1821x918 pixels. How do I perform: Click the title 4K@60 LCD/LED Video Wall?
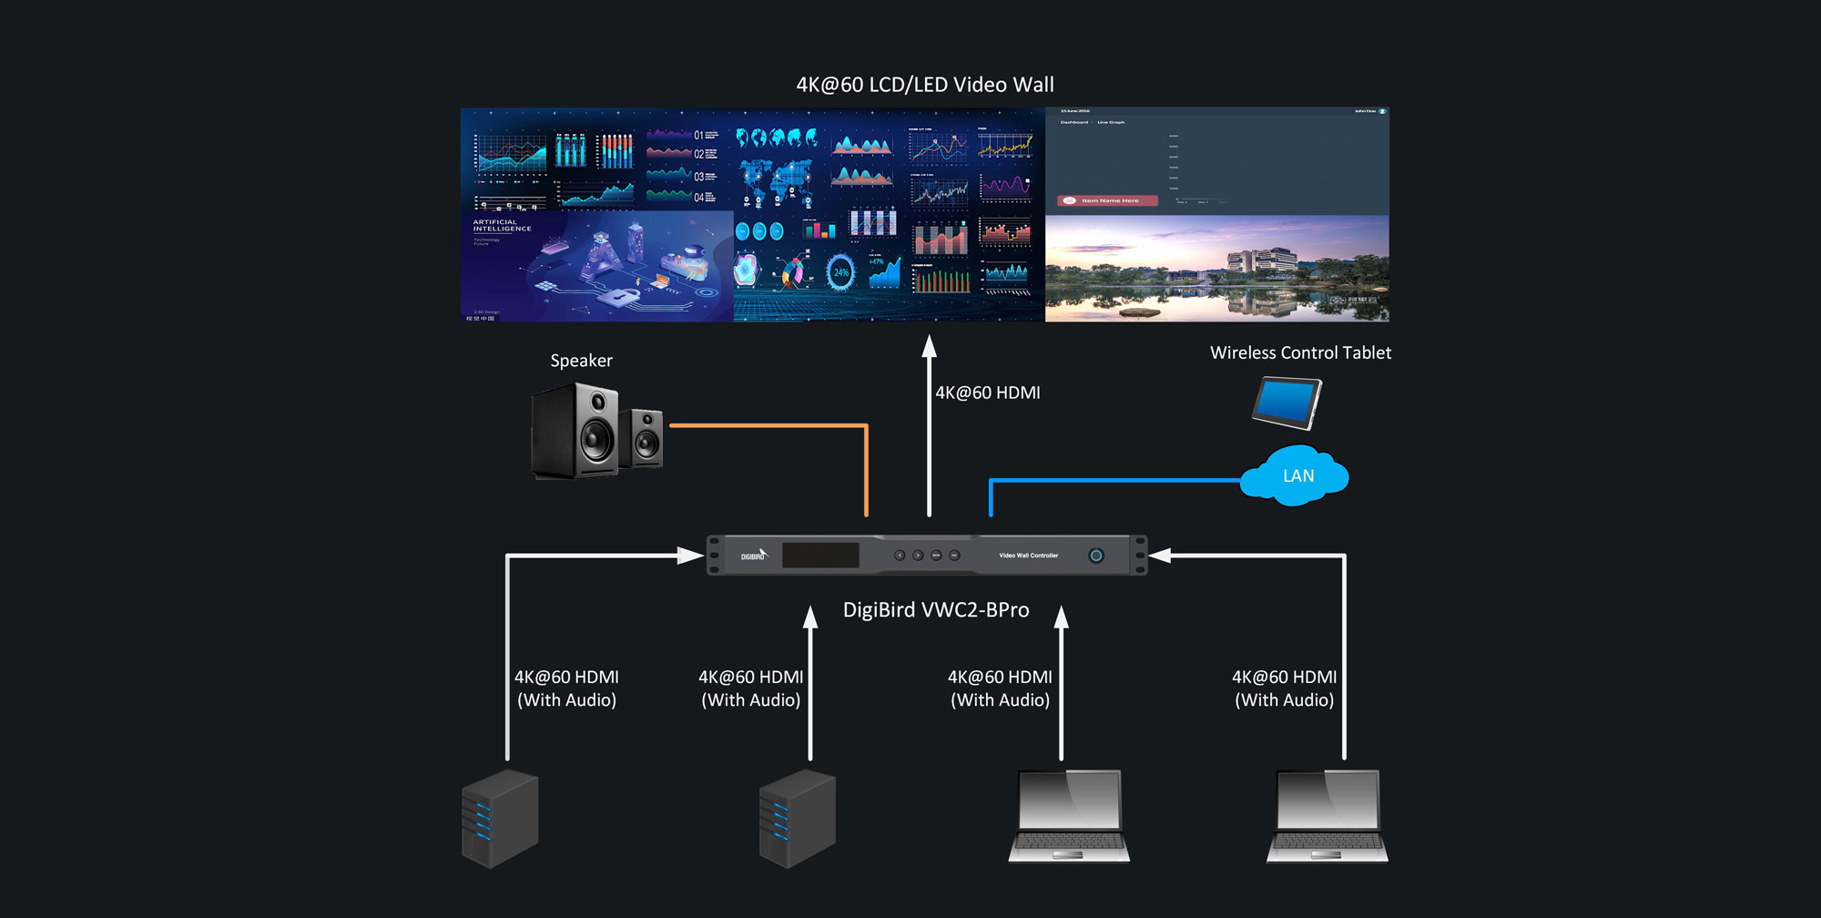(924, 85)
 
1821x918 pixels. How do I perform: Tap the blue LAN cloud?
(1296, 476)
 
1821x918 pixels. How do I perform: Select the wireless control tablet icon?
(1286, 403)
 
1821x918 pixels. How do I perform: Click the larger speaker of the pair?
(576, 430)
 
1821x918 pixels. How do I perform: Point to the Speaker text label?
(581, 361)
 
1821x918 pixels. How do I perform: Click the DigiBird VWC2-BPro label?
(935, 610)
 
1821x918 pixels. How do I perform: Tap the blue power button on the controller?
(1096, 556)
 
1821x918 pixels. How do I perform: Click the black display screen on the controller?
(819, 556)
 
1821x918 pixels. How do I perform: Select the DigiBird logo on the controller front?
(754, 555)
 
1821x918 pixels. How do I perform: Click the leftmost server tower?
(500, 818)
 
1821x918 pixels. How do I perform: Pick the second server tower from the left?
(797, 818)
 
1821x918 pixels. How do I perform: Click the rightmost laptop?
(1328, 816)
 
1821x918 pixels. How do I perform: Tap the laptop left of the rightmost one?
(1069, 816)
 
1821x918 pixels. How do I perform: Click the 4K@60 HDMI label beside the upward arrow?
(987, 393)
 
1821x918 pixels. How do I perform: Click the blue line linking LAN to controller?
(1115, 480)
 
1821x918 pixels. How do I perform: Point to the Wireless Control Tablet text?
(1299, 353)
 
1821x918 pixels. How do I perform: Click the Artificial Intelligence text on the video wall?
(502, 226)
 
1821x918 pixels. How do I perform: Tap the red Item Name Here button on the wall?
(1107, 200)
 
